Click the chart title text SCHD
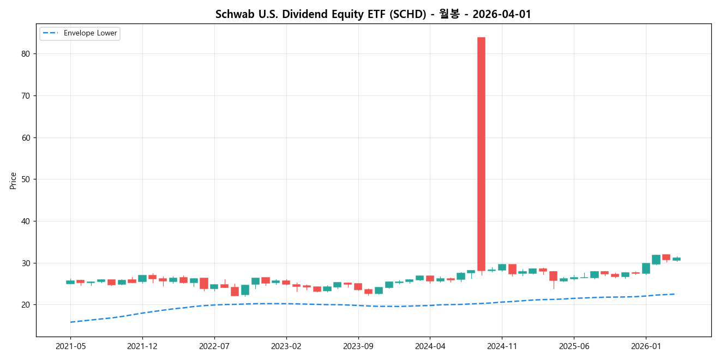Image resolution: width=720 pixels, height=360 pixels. (373, 14)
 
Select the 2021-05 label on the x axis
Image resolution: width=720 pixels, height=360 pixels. (70, 346)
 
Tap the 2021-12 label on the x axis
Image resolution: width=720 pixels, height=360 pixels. (142, 346)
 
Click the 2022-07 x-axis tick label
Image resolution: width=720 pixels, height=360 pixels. (214, 346)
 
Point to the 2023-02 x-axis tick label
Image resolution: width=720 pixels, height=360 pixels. (286, 346)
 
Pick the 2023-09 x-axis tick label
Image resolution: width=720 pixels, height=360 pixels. (358, 346)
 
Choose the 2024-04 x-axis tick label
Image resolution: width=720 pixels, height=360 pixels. (430, 346)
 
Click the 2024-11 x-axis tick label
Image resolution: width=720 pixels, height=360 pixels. (502, 346)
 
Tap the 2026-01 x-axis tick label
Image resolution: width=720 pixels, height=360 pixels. (646, 346)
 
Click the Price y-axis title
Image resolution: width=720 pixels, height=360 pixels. (13, 181)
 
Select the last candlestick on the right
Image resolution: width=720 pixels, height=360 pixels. (676, 259)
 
